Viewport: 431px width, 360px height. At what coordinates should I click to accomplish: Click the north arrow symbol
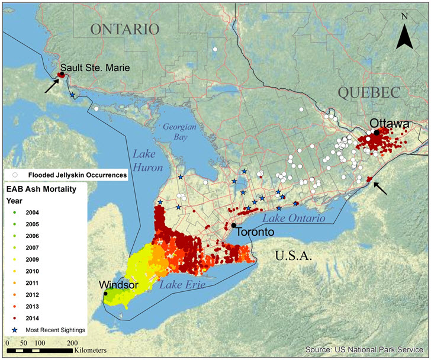(x=405, y=33)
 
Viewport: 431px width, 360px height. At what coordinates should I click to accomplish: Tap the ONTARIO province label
(x=125, y=29)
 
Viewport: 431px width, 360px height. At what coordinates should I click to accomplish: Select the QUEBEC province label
(x=368, y=93)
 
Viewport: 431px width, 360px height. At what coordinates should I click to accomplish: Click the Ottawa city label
(x=390, y=123)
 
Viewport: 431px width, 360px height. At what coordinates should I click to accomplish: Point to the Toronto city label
(x=255, y=232)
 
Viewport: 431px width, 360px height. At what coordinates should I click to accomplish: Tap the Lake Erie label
(x=182, y=285)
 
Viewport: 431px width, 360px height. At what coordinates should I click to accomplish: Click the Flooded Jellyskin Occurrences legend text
(x=73, y=175)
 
